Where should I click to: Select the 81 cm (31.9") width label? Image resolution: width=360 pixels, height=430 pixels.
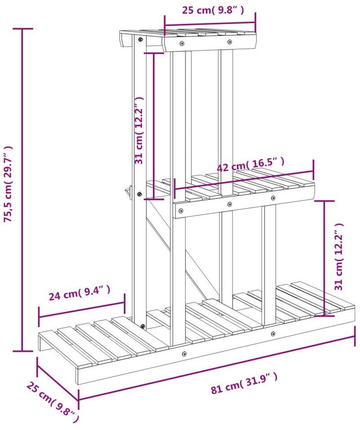pos(244,383)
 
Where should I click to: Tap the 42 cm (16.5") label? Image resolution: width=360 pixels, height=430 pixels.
pos(250,164)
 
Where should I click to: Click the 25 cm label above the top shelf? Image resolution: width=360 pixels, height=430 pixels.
pos(213,10)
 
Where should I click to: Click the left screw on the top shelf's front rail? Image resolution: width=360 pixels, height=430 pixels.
pos(182,43)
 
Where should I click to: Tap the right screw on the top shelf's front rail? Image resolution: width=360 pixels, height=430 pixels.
pos(230,42)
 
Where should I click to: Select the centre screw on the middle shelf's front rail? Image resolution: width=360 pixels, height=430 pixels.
pos(230,204)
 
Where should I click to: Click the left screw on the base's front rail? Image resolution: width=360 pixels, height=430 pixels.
pos(184,354)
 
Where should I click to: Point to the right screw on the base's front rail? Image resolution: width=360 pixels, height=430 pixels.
pos(273,334)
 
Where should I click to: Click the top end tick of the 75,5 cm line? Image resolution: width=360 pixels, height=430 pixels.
pos(22,29)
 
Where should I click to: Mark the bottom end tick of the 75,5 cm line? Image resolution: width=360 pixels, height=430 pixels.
pos(22,351)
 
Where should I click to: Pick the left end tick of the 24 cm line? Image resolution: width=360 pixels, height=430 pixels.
pos(39,317)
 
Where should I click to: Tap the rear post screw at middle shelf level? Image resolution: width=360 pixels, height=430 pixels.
pos(139,194)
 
